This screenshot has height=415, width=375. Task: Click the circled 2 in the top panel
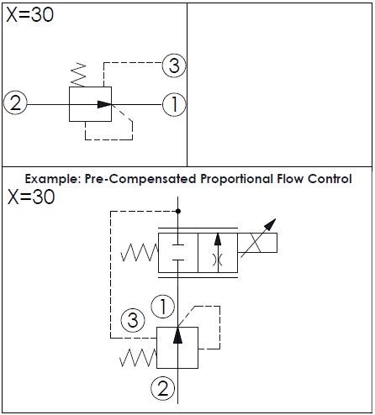pyautogui.click(x=15, y=102)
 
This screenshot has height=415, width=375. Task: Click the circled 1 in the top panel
pyautogui.click(x=174, y=104)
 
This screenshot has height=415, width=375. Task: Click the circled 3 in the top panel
pyautogui.click(x=174, y=66)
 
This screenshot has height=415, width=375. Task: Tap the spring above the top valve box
pyautogui.click(x=78, y=75)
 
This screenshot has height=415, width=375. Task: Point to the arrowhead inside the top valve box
pyautogui.click(x=104, y=104)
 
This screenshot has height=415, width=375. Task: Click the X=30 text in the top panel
pyautogui.click(x=29, y=14)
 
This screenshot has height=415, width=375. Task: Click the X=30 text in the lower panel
pyautogui.click(x=31, y=197)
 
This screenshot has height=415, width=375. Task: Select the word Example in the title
pyautogui.click(x=53, y=179)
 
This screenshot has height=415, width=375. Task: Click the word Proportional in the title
pyautogui.click(x=236, y=179)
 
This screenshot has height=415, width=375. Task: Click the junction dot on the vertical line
pyautogui.click(x=178, y=211)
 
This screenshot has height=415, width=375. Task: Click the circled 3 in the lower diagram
pyautogui.click(x=133, y=320)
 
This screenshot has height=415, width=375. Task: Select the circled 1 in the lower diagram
pyautogui.click(x=163, y=306)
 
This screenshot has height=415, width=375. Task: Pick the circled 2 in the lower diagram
pyautogui.click(x=163, y=388)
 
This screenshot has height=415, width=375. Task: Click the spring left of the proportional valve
pyautogui.click(x=140, y=253)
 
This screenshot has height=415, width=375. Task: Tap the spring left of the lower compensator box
pyautogui.click(x=138, y=358)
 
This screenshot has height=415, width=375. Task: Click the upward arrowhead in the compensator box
pyautogui.click(x=177, y=335)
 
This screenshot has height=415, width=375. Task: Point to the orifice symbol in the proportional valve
pyautogui.click(x=218, y=260)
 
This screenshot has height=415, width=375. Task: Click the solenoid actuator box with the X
pyautogui.click(x=257, y=243)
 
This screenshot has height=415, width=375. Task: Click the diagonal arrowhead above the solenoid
pyautogui.click(x=270, y=224)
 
